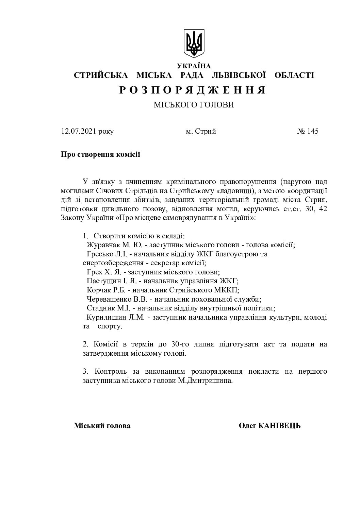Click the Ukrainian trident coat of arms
coord(194,43)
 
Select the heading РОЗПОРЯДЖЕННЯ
coord(193,90)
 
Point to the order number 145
coord(313,131)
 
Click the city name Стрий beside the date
coord(206,131)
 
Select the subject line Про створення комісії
coord(100,154)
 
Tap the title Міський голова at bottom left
coord(102,426)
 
